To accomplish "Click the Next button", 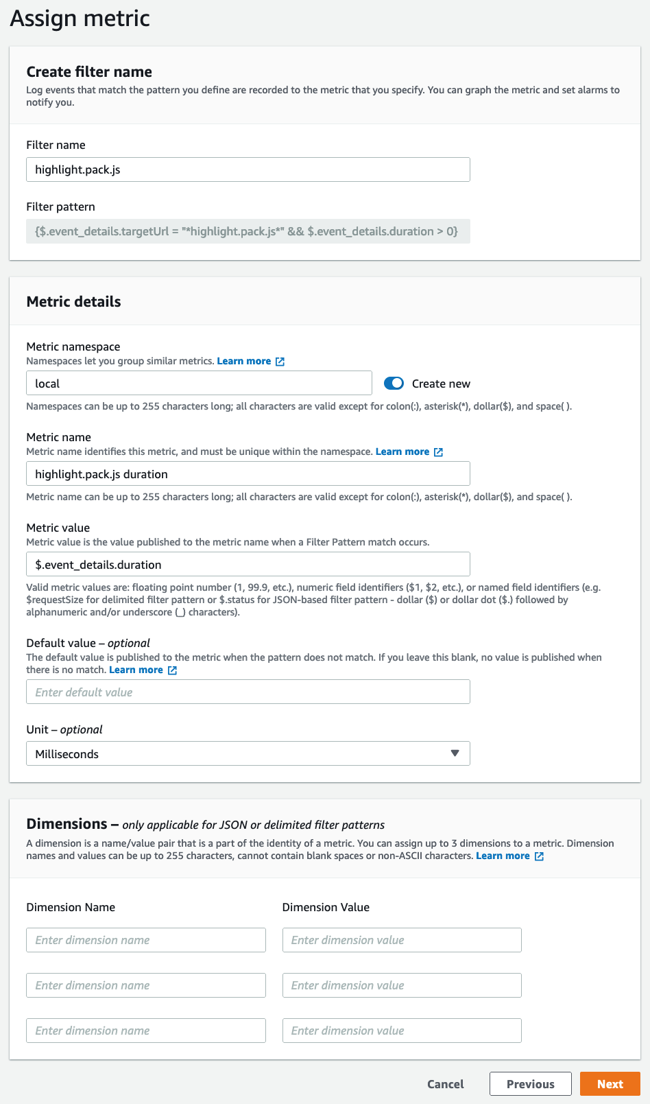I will coord(610,1084).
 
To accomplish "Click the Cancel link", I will coord(445,1084).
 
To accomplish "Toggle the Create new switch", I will coord(394,384).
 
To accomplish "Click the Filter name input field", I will coord(248,169).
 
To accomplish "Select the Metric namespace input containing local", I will coord(199,384).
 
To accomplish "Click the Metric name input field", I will coord(248,474).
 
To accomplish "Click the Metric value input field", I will coord(248,565).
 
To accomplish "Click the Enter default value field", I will coord(248,692).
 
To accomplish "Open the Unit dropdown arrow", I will coord(455,753).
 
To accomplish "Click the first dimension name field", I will coord(145,940).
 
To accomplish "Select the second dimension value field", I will coord(402,985).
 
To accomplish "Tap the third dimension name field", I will coord(145,1031).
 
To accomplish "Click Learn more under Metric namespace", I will coord(244,361).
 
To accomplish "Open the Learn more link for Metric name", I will coord(402,451).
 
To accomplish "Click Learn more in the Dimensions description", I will coord(503,856).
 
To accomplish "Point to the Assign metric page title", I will coord(80,18).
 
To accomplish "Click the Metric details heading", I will coord(73,302).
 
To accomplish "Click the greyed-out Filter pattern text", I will coord(247,231).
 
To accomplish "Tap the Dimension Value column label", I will coord(326,907).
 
